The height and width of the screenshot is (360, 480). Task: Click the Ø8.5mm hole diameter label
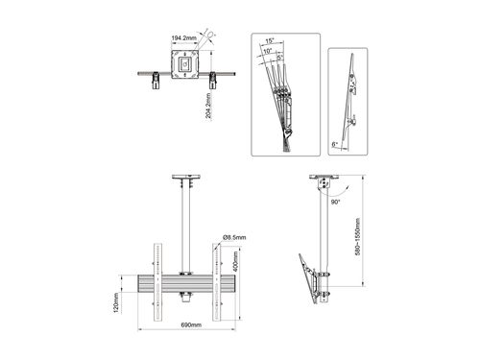(233, 236)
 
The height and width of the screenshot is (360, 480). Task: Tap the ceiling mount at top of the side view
(324, 182)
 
